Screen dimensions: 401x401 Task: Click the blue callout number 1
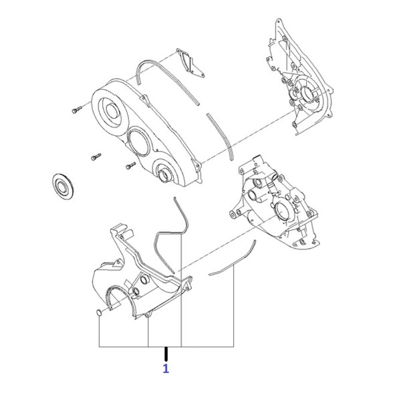tap(166, 368)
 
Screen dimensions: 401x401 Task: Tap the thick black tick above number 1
tap(166, 354)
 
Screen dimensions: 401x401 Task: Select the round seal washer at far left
tap(63, 186)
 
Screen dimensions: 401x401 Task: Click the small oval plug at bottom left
tap(99, 313)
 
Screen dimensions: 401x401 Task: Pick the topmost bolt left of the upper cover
tap(76, 110)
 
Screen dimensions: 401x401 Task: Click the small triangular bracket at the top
tap(190, 63)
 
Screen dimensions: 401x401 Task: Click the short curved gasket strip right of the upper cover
tap(220, 137)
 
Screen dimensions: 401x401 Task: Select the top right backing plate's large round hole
tap(307, 96)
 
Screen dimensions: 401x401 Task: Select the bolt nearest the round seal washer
tap(96, 157)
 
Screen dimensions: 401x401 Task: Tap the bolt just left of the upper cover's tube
tap(131, 166)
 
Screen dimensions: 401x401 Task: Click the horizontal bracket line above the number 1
tap(166, 347)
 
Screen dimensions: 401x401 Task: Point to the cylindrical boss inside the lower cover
tap(145, 279)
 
